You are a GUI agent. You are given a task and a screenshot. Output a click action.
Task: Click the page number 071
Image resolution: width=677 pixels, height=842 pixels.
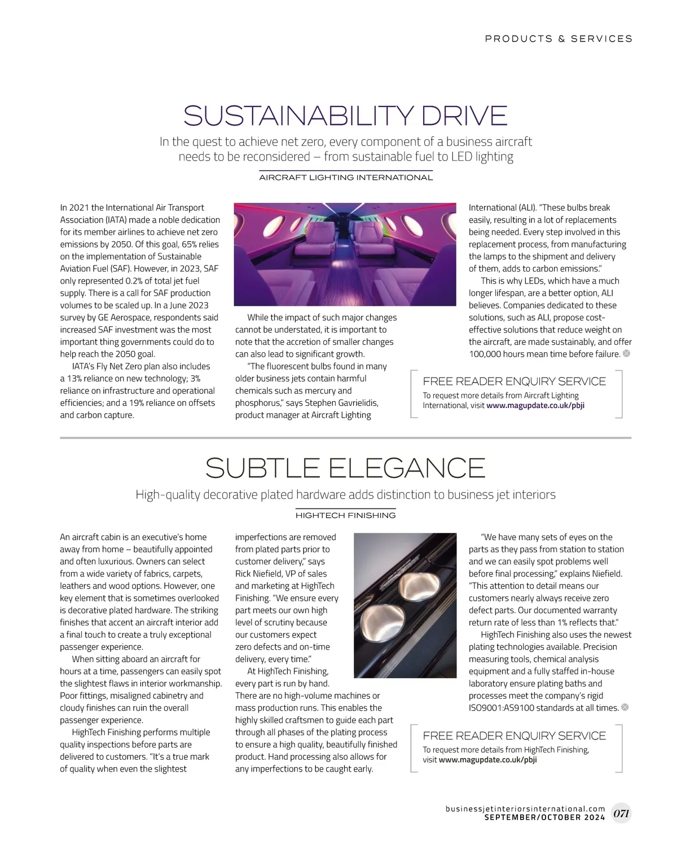pos(621,813)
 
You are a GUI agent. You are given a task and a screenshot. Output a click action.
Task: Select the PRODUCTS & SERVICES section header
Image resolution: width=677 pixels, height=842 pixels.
pos(559,39)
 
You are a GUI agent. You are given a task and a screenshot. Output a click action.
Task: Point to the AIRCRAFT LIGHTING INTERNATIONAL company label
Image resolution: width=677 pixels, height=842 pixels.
pos(346,178)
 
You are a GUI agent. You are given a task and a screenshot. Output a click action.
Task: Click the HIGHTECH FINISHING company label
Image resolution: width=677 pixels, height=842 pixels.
pos(346,515)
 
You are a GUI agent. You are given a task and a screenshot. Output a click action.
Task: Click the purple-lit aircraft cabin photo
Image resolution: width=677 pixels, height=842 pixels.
pos(345,254)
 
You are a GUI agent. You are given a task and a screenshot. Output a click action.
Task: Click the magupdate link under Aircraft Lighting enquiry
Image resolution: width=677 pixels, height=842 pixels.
pos(535,405)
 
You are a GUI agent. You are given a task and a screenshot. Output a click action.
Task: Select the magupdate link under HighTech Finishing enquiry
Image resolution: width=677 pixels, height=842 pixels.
pos(487,760)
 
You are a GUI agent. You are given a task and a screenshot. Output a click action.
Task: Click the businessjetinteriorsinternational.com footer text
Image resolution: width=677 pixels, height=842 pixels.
pos(525,808)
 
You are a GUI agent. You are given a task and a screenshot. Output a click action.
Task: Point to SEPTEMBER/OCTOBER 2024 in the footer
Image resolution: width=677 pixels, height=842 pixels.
pos(544,817)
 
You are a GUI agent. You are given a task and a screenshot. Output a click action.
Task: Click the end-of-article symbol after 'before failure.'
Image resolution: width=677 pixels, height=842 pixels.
pos(626,354)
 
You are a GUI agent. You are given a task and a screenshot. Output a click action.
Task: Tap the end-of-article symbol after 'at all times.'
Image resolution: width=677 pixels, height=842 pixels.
pos(625,707)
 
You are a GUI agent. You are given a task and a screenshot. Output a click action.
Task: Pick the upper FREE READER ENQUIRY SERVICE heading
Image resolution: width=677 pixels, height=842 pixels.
pos(514,382)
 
